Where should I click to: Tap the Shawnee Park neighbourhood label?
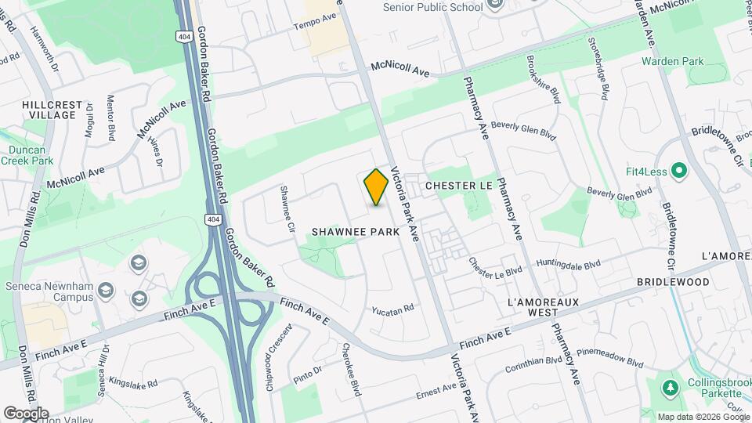tap(356, 232)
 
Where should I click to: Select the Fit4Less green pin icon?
tap(678, 169)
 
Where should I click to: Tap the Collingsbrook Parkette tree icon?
tap(670, 388)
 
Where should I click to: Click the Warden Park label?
tap(672, 61)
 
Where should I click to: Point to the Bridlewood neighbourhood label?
tap(673, 282)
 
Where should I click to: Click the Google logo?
tap(26, 413)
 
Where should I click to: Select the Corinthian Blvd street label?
tap(533, 361)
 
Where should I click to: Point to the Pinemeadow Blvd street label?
tap(610, 359)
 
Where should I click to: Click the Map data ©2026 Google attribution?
tap(703, 417)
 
